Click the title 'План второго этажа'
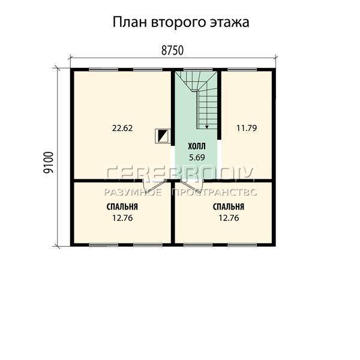tap(181, 23)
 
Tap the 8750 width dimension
tap(172, 50)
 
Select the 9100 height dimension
tap(49, 163)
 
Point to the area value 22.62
tap(122, 128)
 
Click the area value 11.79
tap(247, 128)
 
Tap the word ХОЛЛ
tap(197, 146)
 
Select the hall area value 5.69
tap(197, 157)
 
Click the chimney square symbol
tap(163, 136)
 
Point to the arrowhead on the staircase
tap(206, 127)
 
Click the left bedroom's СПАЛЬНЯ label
tap(122, 207)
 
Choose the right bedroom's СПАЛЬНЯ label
tap(229, 207)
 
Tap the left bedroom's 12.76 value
tap(122, 218)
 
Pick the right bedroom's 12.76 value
tap(229, 218)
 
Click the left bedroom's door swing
tap(154, 187)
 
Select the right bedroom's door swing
tap(192, 187)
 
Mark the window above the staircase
tap(197, 70)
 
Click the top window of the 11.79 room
tap(242, 70)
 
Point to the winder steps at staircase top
tap(196, 81)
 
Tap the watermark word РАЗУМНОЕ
tap(133, 193)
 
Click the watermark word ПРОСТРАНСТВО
tap(214, 193)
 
